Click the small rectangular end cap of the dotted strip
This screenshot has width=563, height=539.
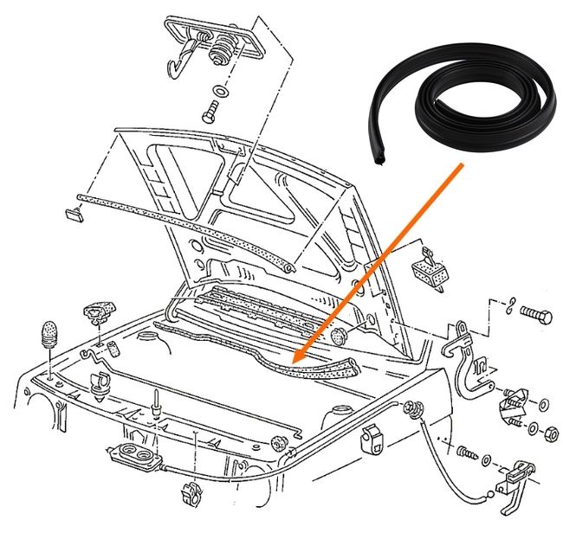click(x=72, y=213)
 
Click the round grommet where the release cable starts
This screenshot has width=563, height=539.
click(x=411, y=409)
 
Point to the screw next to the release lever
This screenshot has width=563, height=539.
click(x=463, y=452)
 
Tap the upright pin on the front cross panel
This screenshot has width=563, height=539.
click(x=156, y=401)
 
